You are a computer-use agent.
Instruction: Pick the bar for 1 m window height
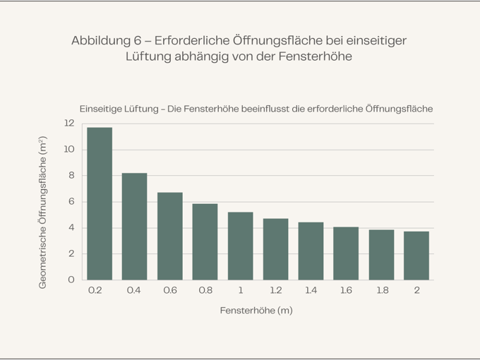[240, 246]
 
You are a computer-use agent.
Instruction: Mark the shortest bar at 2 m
[416, 256]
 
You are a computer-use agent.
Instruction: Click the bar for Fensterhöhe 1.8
[381, 254]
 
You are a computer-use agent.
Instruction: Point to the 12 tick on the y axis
[68, 123]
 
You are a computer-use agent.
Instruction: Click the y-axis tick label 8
[71, 175]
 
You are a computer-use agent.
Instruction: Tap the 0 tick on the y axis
[71, 280]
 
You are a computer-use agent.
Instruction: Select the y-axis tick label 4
[71, 227]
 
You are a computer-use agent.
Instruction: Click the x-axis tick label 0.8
[205, 290]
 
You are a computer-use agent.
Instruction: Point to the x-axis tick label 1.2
[275, 290]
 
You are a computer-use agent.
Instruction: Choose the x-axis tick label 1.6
[346, 290]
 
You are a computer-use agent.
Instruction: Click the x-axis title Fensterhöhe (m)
[256, 311]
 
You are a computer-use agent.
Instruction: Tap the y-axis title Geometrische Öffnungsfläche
[43, 212]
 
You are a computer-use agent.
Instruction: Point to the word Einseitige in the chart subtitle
[103, 109]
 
